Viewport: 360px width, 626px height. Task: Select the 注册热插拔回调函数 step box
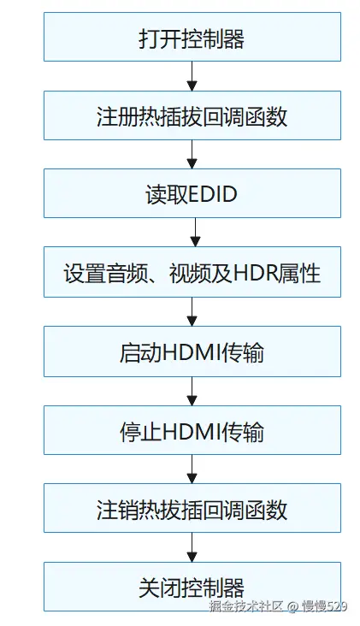[192, 115]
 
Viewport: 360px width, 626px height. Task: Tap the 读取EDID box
[192, 194]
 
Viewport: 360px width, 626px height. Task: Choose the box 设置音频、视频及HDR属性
[192, 273]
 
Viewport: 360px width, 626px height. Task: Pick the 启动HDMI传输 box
[192, 351]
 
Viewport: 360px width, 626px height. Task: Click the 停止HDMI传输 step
[192, 430]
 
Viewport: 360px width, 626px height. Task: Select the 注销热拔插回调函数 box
[192, 509]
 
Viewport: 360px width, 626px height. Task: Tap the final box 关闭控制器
[192, 587]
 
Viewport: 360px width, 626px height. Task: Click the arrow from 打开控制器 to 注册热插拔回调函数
[192, 76]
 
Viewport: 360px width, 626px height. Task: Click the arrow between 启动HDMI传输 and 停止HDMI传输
[192, 391]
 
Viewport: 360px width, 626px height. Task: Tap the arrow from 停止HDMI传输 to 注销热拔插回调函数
[192, 469]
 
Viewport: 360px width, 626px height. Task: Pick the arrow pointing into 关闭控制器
[192, 548]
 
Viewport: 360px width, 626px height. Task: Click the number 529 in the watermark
[337, 606]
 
